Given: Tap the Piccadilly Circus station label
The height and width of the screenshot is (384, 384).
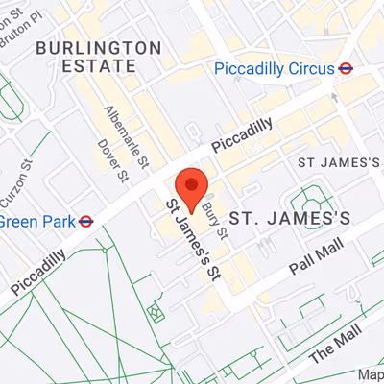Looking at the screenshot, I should (273, 68).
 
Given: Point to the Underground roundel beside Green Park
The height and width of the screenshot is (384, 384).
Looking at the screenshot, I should (86, 221).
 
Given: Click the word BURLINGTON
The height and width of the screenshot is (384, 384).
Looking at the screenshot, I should (98, 46).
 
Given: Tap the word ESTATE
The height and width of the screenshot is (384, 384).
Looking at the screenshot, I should (98, 66).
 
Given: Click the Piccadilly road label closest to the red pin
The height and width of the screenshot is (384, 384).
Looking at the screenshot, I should (242, 134).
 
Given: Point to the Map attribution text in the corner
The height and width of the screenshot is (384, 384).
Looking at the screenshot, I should (371, 374).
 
